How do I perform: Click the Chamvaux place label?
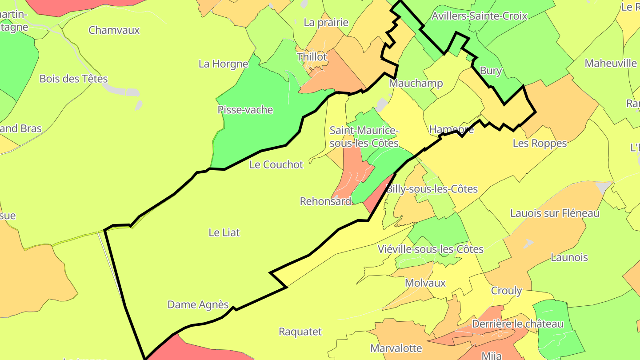[x=114, y=30]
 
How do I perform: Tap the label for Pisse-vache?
[x=245, y=110]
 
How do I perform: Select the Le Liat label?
[x=224, y=232]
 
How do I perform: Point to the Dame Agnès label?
[x=198, y=305]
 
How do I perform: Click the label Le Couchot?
[x=276, y=164]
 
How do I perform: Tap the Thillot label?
[x=312, y=57]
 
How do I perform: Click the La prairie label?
[x=326, y=22]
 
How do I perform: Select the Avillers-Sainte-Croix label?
[x=480, y=16]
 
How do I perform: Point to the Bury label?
[x=491, y=71]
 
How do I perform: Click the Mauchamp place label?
[x=416, y=84]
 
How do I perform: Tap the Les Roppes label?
[x=540, y=143]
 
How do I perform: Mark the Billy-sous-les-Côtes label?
[x=432, y=189]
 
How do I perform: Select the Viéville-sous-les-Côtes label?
[x=430, y=249]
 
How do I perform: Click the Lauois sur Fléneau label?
[x=555, y=213]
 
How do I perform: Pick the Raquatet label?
[x=300, y=332]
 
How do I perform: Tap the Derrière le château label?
[x=517, y=324]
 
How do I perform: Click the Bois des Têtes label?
[x=74, y=79]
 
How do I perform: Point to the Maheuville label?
[x=611, y=63]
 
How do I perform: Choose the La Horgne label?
[x=223, y=64]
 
